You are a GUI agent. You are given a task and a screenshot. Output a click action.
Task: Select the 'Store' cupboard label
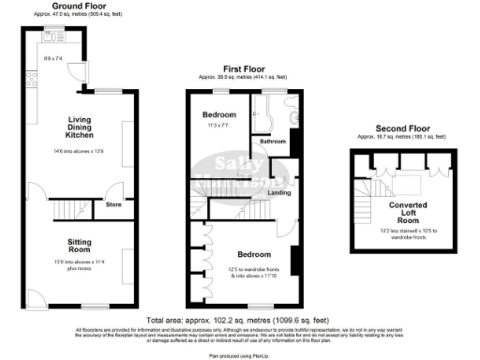(113, 202)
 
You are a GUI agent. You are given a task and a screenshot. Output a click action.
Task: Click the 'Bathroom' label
(273, 142)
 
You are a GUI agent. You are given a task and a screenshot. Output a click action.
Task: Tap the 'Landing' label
(278, 193)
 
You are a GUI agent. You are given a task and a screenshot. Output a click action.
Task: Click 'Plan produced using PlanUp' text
(240, 355)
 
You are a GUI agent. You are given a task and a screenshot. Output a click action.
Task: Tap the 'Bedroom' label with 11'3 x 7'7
(220, 113)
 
